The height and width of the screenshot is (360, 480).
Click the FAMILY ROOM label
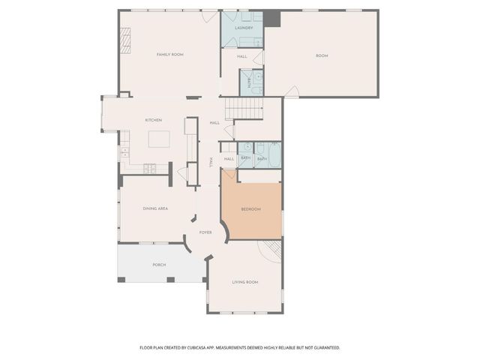tap(170, 55)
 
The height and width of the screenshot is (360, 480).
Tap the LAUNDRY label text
tap(243, 28)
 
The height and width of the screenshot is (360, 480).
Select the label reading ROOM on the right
tap(322, 55)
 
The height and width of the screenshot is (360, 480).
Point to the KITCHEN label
tap(154, 121)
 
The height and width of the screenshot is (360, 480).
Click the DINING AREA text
tap(154, 208)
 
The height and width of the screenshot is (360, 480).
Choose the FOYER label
tap(205, 232)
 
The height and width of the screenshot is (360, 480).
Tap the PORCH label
tap(159, 265)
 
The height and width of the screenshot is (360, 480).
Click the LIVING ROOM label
tap(245, 282)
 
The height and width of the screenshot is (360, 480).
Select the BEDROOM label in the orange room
tap(250, 209)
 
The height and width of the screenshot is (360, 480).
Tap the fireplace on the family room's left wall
tap(126, 38)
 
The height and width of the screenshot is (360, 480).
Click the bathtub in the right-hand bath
tap(275, 154)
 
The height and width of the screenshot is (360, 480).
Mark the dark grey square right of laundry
tap(271, 18)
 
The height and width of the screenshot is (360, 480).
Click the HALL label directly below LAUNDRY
tap(242, 56)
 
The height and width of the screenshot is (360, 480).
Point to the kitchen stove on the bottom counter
tap(150, 168)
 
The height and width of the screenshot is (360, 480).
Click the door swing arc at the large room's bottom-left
tap(292, 91)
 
